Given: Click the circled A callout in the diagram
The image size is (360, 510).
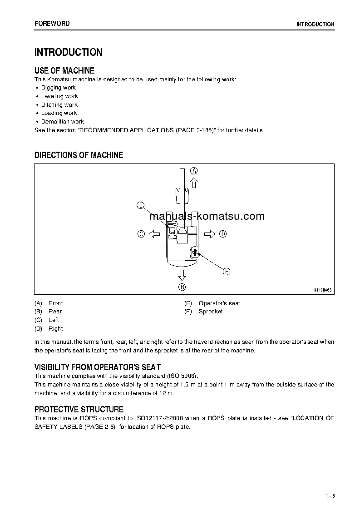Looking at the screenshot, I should point(194,171).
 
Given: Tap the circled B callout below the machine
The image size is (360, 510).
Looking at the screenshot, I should point(182,287).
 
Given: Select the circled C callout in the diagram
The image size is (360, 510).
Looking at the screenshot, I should point(141,234).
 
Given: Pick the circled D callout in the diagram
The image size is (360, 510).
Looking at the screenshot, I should point(223,234).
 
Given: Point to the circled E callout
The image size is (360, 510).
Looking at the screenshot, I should point(140,205).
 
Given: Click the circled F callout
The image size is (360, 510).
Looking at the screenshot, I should point(226,272).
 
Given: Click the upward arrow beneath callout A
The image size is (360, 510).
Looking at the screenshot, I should point(194,183).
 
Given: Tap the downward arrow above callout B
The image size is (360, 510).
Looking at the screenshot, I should point(182,274).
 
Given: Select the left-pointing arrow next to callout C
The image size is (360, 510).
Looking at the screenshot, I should point(154,234).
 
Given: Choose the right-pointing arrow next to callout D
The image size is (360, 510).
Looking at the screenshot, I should point(209,234).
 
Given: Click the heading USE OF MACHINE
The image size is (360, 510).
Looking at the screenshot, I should point(64,70).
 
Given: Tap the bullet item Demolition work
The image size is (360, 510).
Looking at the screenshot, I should point(63,122).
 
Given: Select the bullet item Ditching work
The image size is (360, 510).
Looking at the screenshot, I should point(59,105).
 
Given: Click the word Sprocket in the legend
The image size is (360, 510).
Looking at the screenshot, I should point(211,312).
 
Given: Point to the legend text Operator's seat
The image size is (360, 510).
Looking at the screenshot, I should point(219,303).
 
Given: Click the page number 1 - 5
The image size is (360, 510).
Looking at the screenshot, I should point(330,495).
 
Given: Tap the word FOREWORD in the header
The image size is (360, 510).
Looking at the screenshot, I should point(52,24).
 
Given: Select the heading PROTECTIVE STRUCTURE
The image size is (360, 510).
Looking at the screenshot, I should point(79,409).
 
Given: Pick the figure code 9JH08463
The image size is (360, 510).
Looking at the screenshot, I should point(323,289).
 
